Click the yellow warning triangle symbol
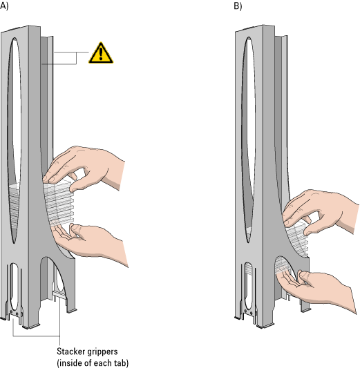coord(101,54)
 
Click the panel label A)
coord(4,6)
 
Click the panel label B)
coord(238,6)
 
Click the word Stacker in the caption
coord(71,351)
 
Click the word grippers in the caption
coord(102,352)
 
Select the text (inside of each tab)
coord(93,363)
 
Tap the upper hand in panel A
coord(84,169)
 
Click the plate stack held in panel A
coord(59,204)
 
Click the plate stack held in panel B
coord(296,240)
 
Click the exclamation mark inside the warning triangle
coord(101,54)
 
